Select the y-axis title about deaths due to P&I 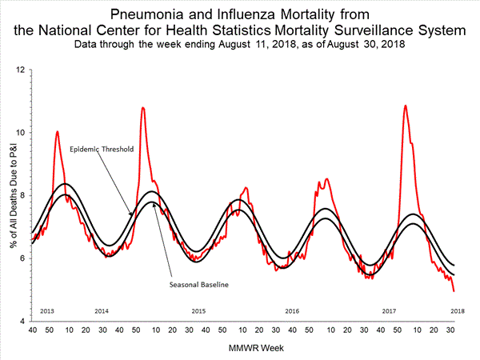[10, 196]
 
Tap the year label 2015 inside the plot [198, 310]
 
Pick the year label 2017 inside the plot [390, 310]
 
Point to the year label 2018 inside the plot [458, 310]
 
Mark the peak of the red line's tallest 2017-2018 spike [406, 106]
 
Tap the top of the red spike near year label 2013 [57, 131]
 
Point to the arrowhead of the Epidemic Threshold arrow [133, 214]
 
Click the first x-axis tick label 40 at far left [32, 330]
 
